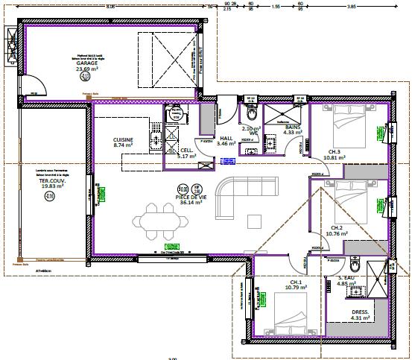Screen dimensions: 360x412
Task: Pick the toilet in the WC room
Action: point(250,113)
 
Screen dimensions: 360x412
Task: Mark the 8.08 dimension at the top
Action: point(111,6)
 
